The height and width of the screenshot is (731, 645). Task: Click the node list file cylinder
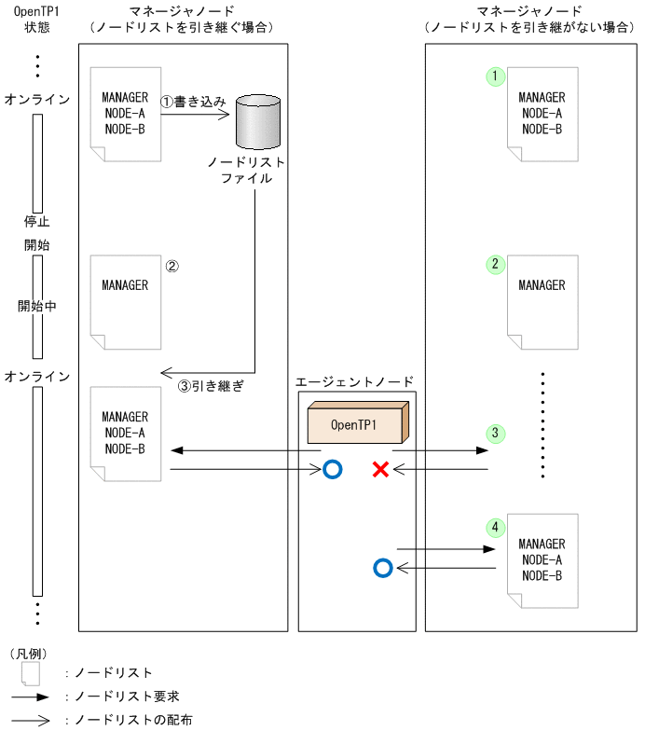[258, 120]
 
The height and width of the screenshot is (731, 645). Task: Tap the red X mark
[380, 469]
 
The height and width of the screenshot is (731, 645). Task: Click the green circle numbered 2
[495, 264]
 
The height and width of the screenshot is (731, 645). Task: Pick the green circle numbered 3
[495, 434]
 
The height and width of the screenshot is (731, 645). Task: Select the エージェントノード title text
[354, 382]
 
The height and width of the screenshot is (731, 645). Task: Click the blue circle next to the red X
[332, 469]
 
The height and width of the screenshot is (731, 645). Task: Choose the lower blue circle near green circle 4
[380, 567]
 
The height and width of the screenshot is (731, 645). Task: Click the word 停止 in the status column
[36, 222]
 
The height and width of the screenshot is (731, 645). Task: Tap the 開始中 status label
[36, 306]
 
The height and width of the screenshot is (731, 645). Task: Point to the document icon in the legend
[31, 672]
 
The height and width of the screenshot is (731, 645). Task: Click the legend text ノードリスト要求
[115, 697]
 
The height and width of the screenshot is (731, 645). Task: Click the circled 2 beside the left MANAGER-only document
[171, 265]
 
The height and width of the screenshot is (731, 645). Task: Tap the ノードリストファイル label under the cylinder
[247, 169]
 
